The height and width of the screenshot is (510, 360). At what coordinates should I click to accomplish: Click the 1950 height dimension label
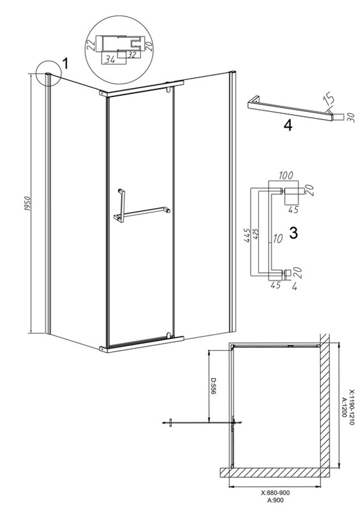coord(27,203)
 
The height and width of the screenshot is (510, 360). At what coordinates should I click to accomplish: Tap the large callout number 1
coord(65,63)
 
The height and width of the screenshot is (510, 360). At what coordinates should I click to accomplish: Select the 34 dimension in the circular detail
coord(110,60)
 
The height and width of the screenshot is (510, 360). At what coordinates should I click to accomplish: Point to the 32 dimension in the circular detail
coord(132,55)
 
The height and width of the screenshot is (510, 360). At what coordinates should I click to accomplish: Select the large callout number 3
coord(293,233)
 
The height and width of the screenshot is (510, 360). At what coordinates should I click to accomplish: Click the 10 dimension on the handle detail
coord(277,238)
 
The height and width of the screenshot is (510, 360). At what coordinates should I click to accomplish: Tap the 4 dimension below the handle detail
coord(294,287)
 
